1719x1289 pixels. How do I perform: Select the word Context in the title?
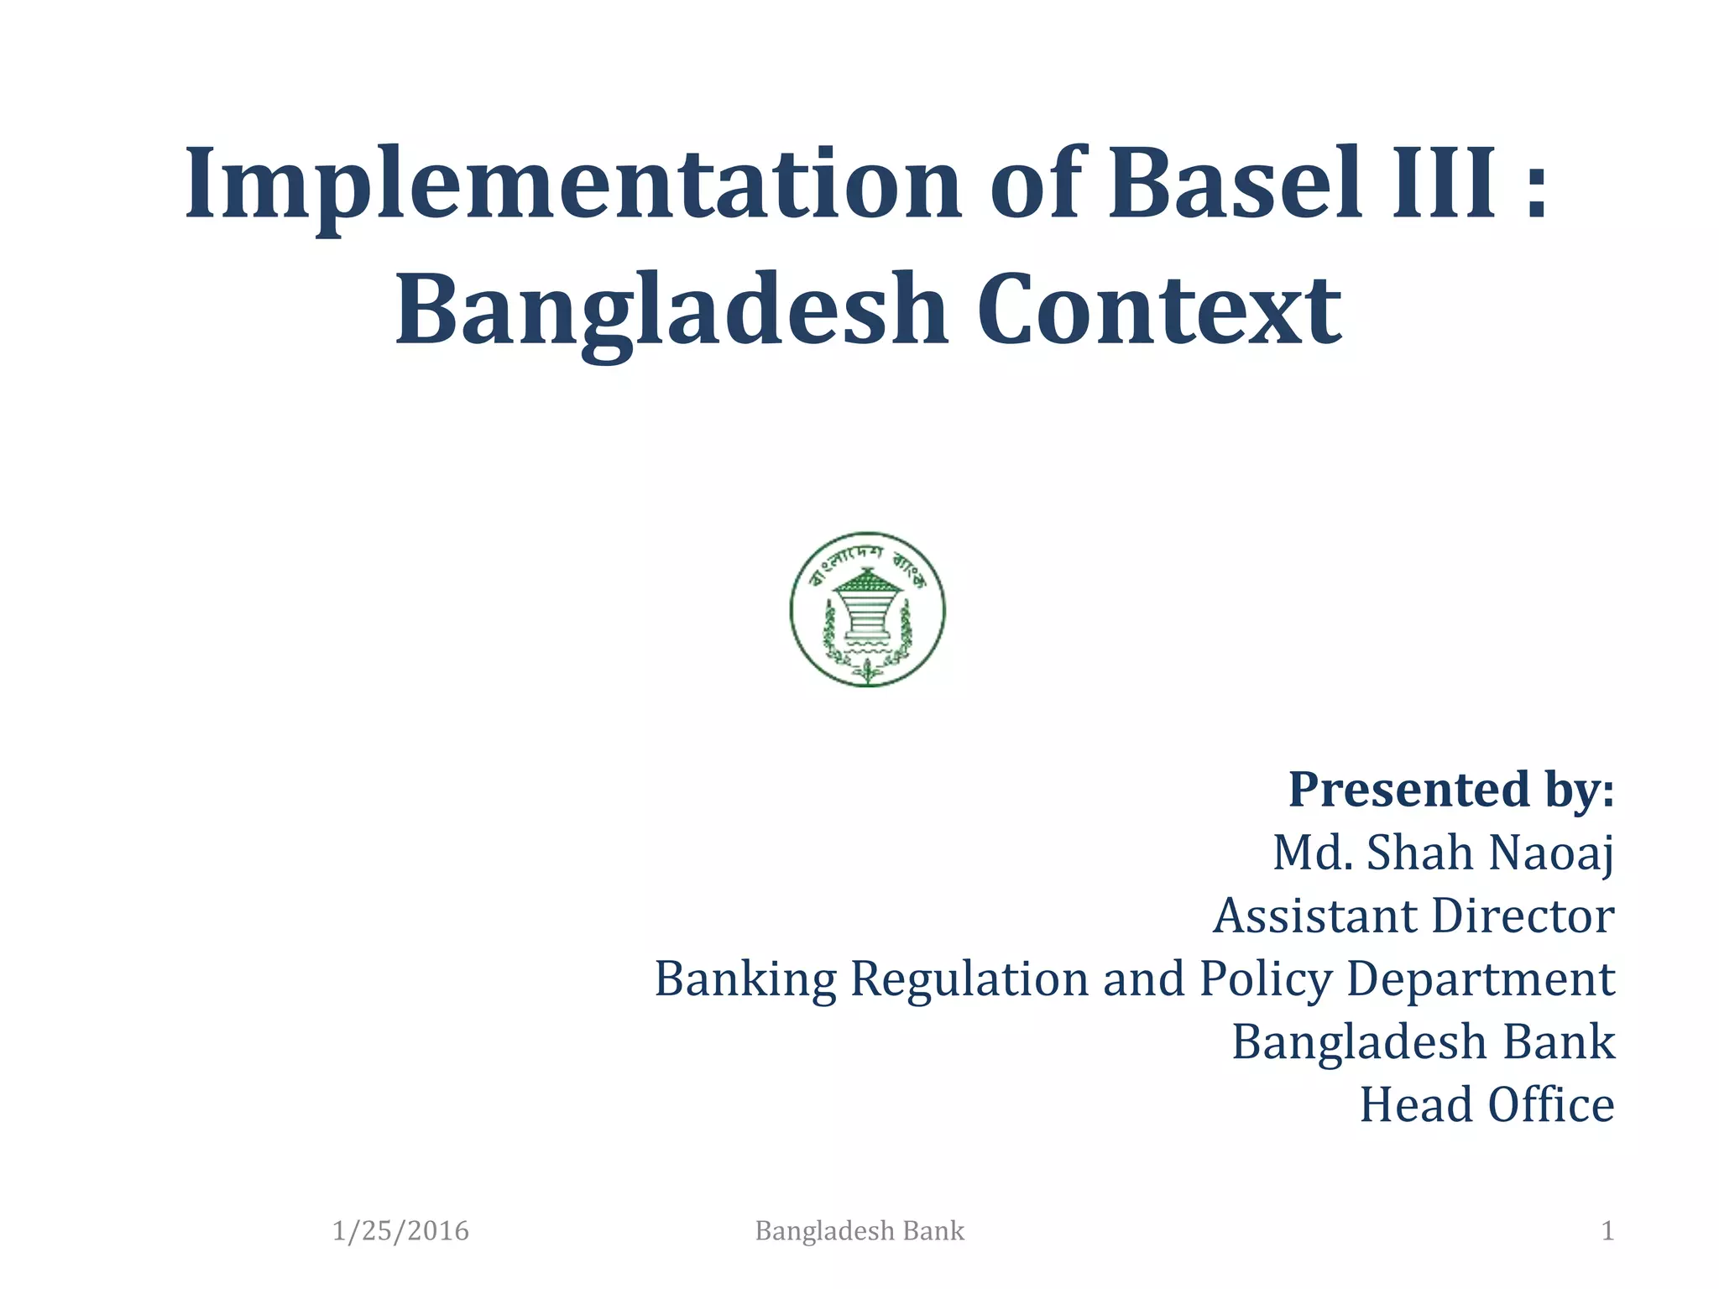pyautogui.click(x=1159, y=311)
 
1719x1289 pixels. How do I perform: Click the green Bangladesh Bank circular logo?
pyautogui.click(x=867, y=609)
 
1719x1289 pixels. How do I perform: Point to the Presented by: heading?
pyautogui.click(x=1450, y=790)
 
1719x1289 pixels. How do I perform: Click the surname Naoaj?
pyautogui.click(x=1551, y=853)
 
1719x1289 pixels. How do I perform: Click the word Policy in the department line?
pyautogui.click(x=1266, y=979)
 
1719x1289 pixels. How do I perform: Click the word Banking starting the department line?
pyautogui.click(x=745, y=979)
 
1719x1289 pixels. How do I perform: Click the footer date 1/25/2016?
pyautogui.click(x=400, y=1231)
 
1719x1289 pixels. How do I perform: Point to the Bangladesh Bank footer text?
pyautogui.click(x=859, y=1231)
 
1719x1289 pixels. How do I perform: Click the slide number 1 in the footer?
pyautogui.click(x=1607, y=1231)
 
